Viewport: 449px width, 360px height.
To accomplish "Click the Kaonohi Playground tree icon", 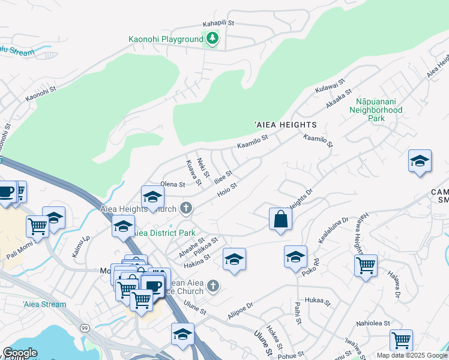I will click(212, 39).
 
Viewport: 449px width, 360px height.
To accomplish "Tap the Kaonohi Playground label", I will click(166, 40).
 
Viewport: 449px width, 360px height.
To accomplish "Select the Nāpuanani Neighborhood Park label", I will click(376, 110).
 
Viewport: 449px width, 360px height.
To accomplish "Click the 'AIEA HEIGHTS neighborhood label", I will click(286, 125).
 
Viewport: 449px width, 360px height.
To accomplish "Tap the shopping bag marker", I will click(280, 219).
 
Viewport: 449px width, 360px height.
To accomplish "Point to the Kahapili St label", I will click(218, 24).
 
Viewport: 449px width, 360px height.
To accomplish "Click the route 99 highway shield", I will click(85, 328).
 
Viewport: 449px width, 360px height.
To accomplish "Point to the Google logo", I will click(20, 353).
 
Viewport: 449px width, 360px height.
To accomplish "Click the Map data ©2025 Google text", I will click(411, 355).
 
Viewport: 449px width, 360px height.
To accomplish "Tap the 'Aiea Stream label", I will click(44, 304).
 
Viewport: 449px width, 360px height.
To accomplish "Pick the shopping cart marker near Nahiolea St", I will click(401, 340).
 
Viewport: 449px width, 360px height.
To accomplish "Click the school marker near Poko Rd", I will click(295, 257).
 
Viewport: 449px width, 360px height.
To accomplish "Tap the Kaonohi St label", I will click(40, 94).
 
